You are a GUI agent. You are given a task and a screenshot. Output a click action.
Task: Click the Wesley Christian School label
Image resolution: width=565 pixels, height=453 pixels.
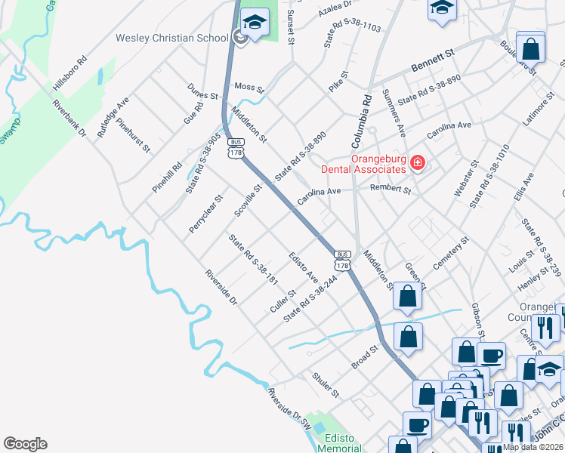coord(171,38)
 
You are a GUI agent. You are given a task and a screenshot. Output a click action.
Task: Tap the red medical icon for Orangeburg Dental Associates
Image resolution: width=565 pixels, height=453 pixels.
coord(417,162)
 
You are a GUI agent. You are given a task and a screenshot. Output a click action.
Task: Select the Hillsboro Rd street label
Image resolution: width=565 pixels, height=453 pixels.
coord(70,73)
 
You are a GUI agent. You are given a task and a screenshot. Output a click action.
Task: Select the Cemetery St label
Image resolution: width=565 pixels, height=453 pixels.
coord(451,254)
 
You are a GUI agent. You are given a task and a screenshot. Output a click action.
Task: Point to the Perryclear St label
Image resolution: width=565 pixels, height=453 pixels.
coord(206,215)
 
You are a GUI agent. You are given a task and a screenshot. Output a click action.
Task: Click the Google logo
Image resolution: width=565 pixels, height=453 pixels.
coord(25,444)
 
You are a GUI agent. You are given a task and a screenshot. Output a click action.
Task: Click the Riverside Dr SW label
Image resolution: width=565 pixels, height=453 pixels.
coord(289,408)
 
